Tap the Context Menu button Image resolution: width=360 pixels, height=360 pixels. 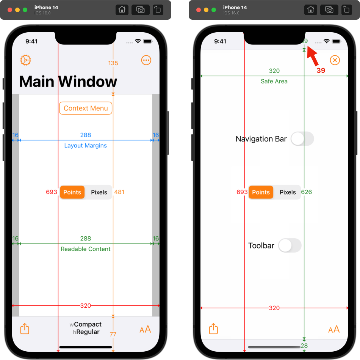point(86,108)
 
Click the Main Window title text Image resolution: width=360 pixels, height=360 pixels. point(68,82)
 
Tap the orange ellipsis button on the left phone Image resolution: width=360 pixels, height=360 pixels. point(146,60)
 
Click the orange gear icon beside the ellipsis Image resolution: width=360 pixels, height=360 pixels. point(25,60)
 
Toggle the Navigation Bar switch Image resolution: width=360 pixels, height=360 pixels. point(302,139)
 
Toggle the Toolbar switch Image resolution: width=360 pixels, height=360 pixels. point(290,245)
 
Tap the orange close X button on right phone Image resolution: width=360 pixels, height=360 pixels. point(335,60)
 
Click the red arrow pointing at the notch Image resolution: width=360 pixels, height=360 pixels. point(313,55)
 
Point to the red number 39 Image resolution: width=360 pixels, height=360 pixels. point(321,70)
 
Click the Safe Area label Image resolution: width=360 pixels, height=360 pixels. point(274,81)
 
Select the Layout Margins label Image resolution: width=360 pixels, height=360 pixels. point(86,146)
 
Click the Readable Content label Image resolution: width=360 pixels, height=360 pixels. point(86,249)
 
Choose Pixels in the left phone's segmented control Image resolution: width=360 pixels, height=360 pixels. point(99,192)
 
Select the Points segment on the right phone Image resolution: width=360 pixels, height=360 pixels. point(261,192)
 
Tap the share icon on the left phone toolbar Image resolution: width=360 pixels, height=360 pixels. point(25,329)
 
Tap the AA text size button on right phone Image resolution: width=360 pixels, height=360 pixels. point(334,329)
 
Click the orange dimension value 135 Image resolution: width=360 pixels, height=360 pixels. point(113,63)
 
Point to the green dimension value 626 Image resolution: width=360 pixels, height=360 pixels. point(307,192)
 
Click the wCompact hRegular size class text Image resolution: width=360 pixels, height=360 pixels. point(86,328)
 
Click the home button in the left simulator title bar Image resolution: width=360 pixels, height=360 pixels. point(122,10)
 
